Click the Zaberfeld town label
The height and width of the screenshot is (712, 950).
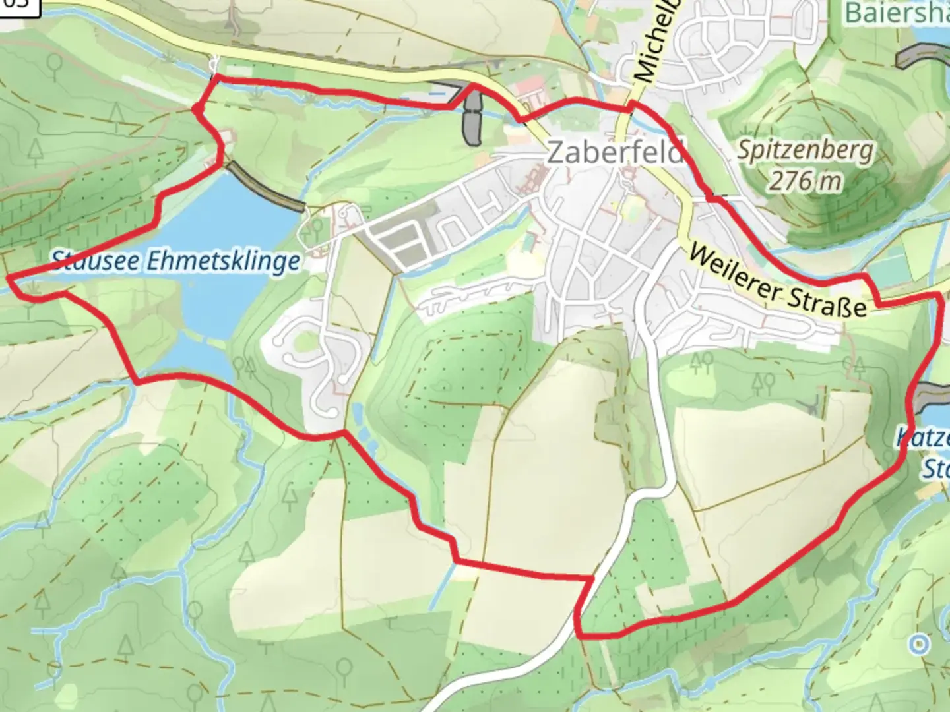614,153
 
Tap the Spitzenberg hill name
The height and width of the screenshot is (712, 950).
804,150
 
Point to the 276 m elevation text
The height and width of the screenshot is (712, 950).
804,179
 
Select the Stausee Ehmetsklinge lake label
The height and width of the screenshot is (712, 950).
175,261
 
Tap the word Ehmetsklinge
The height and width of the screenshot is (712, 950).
224,262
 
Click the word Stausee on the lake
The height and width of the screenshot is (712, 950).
96,260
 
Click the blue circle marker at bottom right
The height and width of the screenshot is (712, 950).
918,644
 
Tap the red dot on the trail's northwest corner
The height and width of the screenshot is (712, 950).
197,109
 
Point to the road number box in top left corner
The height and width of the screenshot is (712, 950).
15,4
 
